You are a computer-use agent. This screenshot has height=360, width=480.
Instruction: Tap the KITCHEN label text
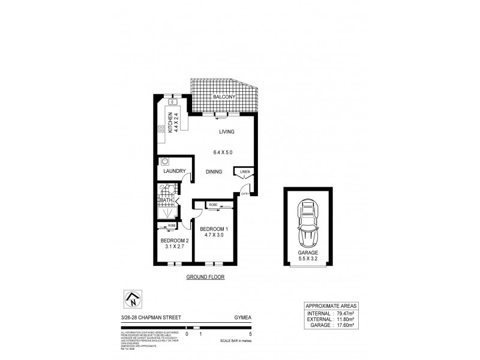click(x=170, y=122)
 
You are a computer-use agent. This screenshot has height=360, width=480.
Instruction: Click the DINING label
click(x=214, y=172)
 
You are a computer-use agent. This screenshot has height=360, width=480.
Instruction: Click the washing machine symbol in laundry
click(x=164, y=161)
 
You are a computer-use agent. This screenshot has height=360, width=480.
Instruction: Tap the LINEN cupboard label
click(x=244, y=172)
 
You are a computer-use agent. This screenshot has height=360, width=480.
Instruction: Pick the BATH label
click(x=166, y=199)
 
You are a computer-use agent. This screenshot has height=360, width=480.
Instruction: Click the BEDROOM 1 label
click(x=214, y=229)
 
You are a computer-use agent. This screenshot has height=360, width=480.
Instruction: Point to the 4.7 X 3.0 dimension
click(x=214, y=236)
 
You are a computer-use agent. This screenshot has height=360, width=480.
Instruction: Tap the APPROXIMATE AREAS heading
click(x=331, y=304)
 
